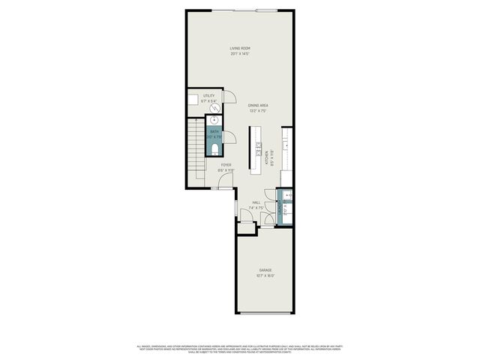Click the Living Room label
point(239,49)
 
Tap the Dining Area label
point(258,105)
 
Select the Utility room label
point(208,96)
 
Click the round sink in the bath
point(214,120)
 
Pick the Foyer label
point(226,164)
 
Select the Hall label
point(256,202)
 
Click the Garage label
point(265,269)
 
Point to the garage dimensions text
point(265,275)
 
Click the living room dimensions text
point(239,54)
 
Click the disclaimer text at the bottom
point(239,348)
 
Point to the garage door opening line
point(265,314)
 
